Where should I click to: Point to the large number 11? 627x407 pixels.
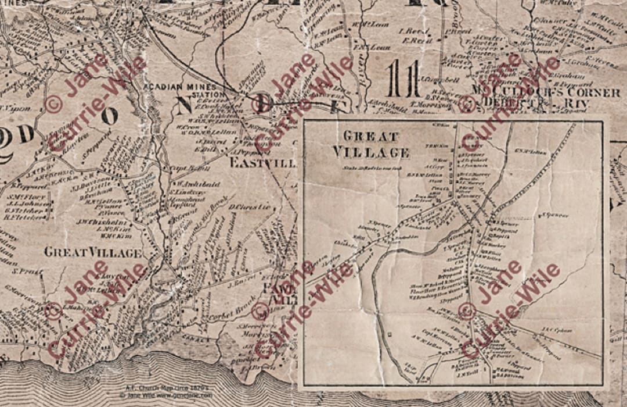click(x=404, y=78)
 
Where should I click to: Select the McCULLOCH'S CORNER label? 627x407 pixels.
click(x=546, y=92)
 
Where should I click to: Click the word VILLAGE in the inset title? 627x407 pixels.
click(x=371, y=152)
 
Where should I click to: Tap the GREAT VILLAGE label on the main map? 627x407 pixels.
click(x=93, y=253)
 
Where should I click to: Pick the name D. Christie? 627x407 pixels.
click(x=250, y=206)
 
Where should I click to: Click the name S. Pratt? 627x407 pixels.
click(x=24, y=272)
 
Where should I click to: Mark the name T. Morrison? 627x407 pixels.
click(x=429, y=104)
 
